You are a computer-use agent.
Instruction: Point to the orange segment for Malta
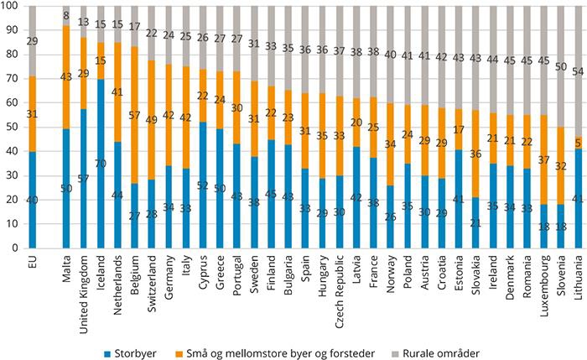(x=66, y=76)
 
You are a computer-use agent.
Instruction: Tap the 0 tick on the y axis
(x=13, y=248)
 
